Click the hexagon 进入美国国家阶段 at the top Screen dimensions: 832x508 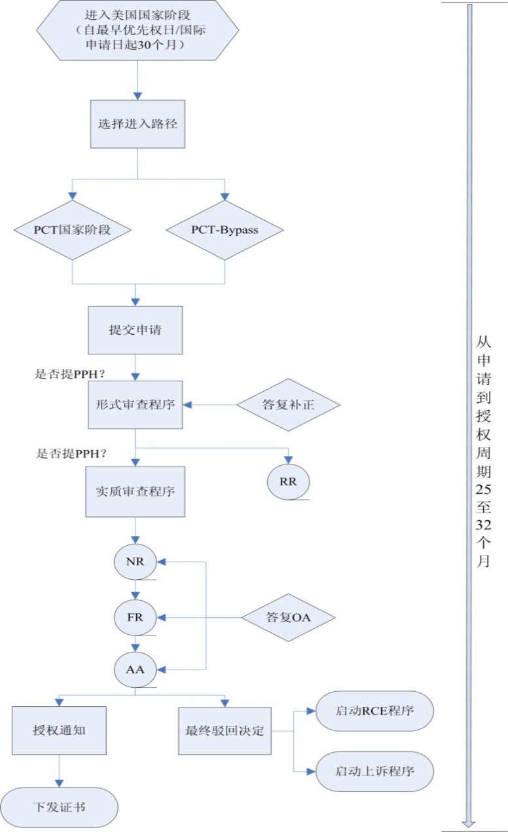coord(137,30)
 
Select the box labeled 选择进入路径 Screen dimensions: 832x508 coord(137,124)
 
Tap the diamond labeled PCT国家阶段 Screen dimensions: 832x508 coord(72,230)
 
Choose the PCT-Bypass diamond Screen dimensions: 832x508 coord(225,230)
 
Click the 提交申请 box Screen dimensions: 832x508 coord(135,330)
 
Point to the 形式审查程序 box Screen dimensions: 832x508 coord(135,405)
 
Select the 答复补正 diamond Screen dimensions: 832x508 coord(288,405)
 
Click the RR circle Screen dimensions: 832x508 coord(288,481)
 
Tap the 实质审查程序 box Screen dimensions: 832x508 coord(135,491)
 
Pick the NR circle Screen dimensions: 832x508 coord(135,562)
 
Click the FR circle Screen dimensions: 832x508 coord(135,617)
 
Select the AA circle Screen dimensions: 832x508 coord(135,670)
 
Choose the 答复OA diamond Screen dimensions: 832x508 coord(288,617)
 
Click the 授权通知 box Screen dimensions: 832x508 coord(59,730)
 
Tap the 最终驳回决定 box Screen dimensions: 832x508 coord(225,730)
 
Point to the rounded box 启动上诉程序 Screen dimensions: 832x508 coord(374,771)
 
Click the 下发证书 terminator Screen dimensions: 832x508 coord(59,806)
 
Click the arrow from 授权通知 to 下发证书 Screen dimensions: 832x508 coord(59,770)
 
